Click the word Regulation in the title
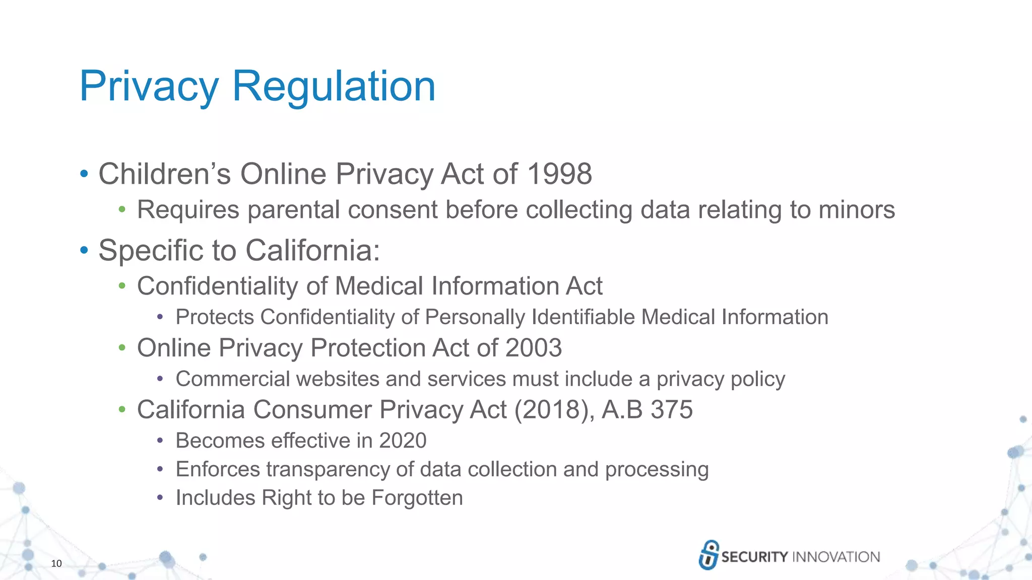pos(334,87)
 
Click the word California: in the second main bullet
pos(312,250)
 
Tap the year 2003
pos(533,348)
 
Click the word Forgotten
pos(417,498)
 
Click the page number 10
pos(56,563)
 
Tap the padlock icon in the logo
pos(708,555)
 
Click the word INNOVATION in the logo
pos(836,557)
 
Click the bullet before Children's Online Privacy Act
pos(84,175)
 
